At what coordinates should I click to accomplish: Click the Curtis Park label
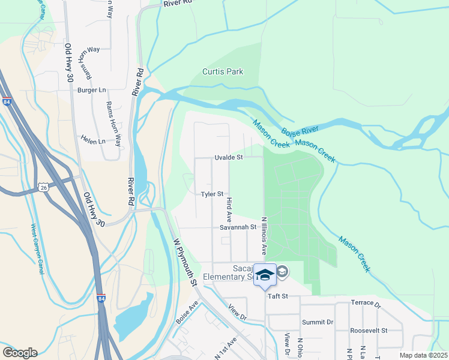pyautogui.click(x=223, y=71)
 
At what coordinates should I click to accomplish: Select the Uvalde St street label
pyautogui.click(x=228, y=157)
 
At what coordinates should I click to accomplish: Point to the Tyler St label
pyautogui.click(x=212, y=194)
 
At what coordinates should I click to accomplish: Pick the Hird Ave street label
pyautogui.click(x=229, y=206)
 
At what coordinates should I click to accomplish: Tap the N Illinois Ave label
pyautogui.click(x=263, y=235)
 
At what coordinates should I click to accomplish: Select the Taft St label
pyautogui.click(x=278, y=296)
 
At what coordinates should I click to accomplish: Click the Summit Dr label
pyautogui.click(x=318, y=322)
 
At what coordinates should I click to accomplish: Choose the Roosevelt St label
pyautogui.click(x=369, y=331)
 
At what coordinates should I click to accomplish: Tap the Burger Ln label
pyautogui.click(x=91, y=90)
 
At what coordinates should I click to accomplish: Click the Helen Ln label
pyautogui.click(x=93, y=142)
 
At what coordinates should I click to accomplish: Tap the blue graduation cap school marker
pyautogui.click(x=264, y=274)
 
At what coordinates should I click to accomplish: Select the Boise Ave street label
pyautogui.click(x=187, y=314)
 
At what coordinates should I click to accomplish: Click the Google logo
pyautogui.click(x=20, y=353)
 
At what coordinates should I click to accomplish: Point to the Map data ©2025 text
pyautogui.click(x=423, y=355)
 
